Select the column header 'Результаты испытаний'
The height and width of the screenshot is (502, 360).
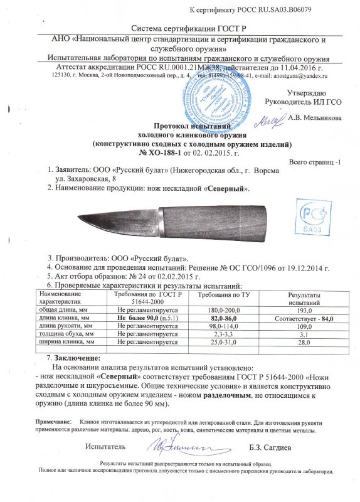tap(304, 299)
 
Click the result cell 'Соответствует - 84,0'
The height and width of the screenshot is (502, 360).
tap(304, 319)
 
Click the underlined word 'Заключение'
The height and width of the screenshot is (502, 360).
tap(77, 357)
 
